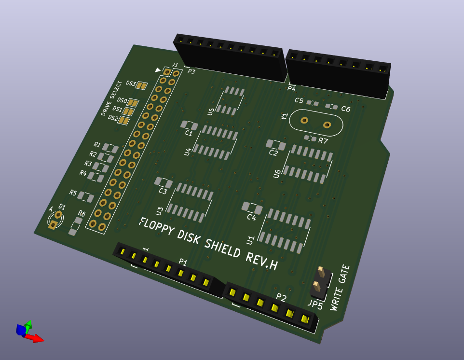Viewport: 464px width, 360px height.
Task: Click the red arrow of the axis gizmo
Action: tap(35, 338)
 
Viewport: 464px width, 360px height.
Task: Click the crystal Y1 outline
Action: tap(316, 110)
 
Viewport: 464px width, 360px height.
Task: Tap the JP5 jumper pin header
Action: tap(320, 283)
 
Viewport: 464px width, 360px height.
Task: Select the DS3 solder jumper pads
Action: tap(141, 85)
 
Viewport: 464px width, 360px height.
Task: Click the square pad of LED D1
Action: tap(53, 225)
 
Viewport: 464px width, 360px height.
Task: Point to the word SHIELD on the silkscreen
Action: tap(222, 248)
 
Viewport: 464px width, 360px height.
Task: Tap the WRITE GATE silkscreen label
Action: tap(340, 288)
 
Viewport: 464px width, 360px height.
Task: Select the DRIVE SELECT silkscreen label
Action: tap(111, 98)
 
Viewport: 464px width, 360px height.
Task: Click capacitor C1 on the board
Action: tap(189, 125)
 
